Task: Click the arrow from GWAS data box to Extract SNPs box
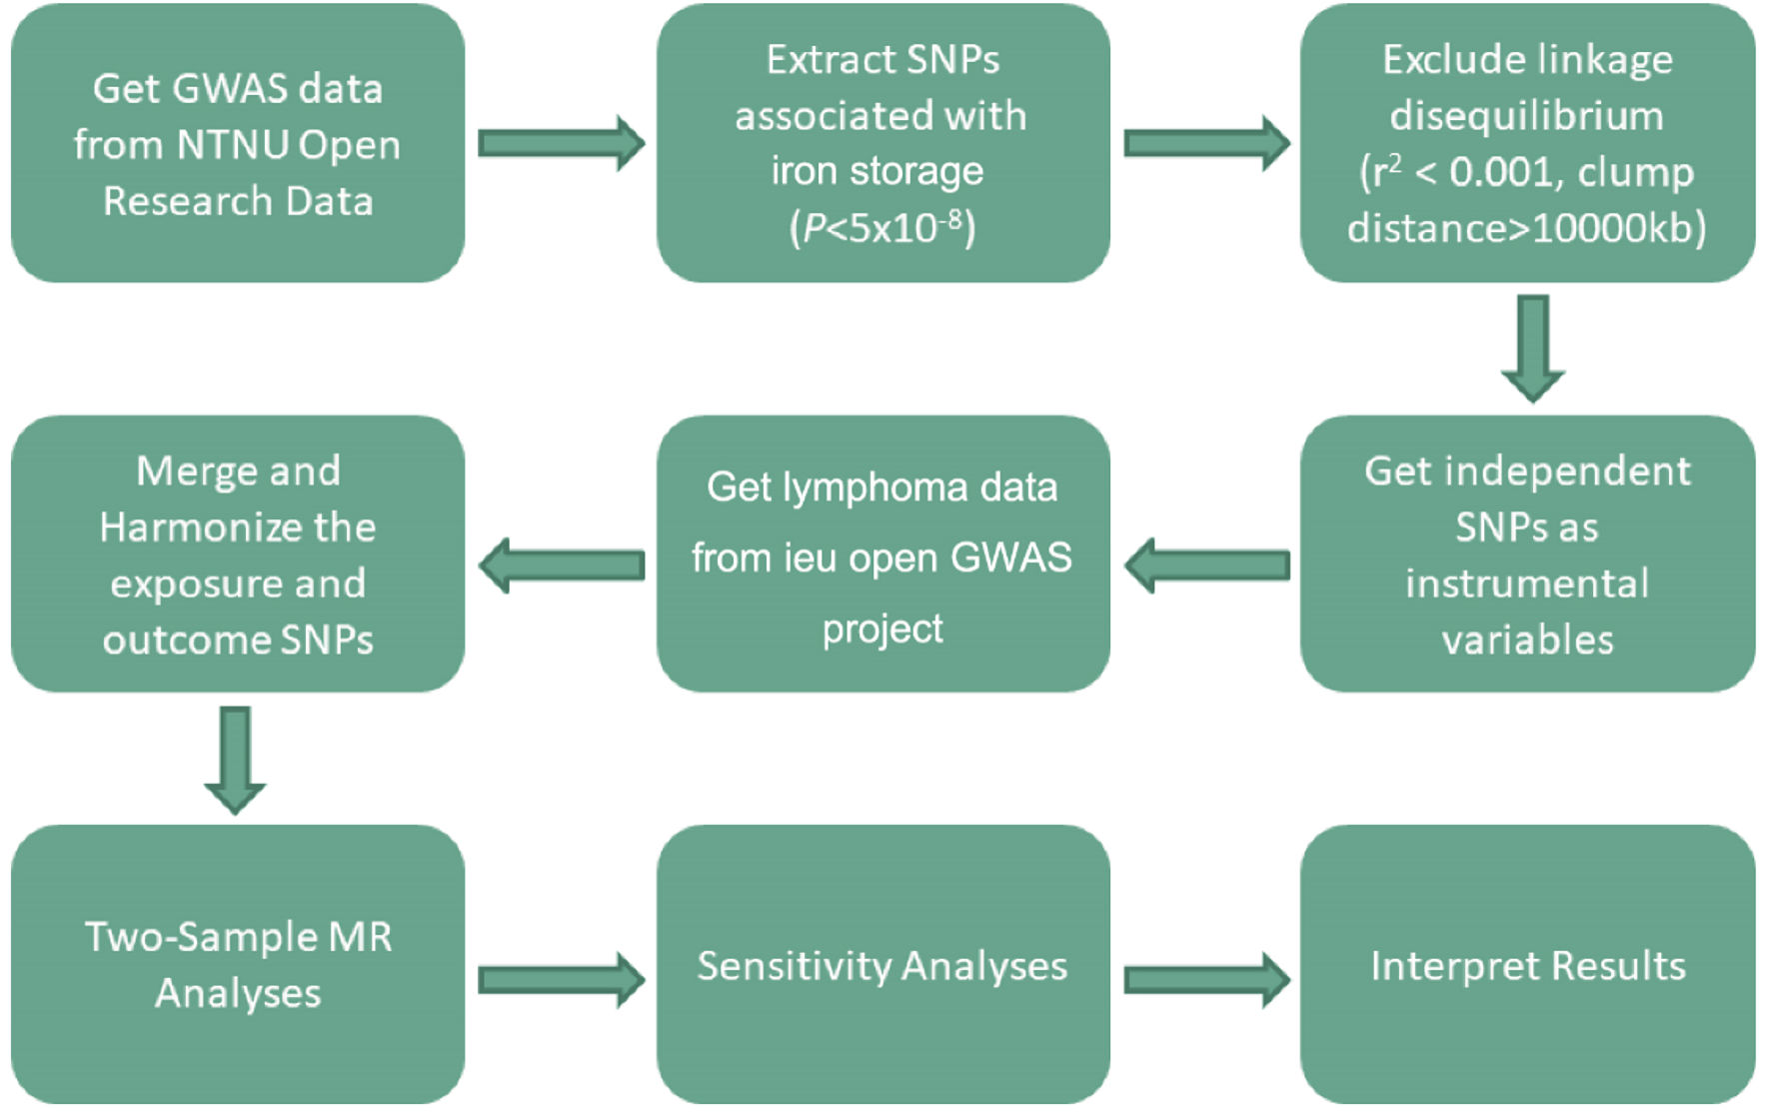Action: click(561, 143)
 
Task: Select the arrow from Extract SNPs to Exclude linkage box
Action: click(1206, 143)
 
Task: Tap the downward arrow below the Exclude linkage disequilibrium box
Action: click(1532, 348)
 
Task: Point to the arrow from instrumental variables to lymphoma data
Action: click(1206, 566)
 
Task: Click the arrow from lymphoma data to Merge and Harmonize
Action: click(561, 566)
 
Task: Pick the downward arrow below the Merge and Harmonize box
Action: click(235, 760)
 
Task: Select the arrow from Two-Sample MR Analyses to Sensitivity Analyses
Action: click(561, 979)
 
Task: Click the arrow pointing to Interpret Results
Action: click(1206, 979)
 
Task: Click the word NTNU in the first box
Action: click(232, 146)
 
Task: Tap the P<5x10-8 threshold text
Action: click(883, 227)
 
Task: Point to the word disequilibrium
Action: click(1526, 116)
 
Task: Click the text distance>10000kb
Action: click(1526, 229)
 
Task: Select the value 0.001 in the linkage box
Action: click(1500, 173)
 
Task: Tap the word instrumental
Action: click(1527, 583)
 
